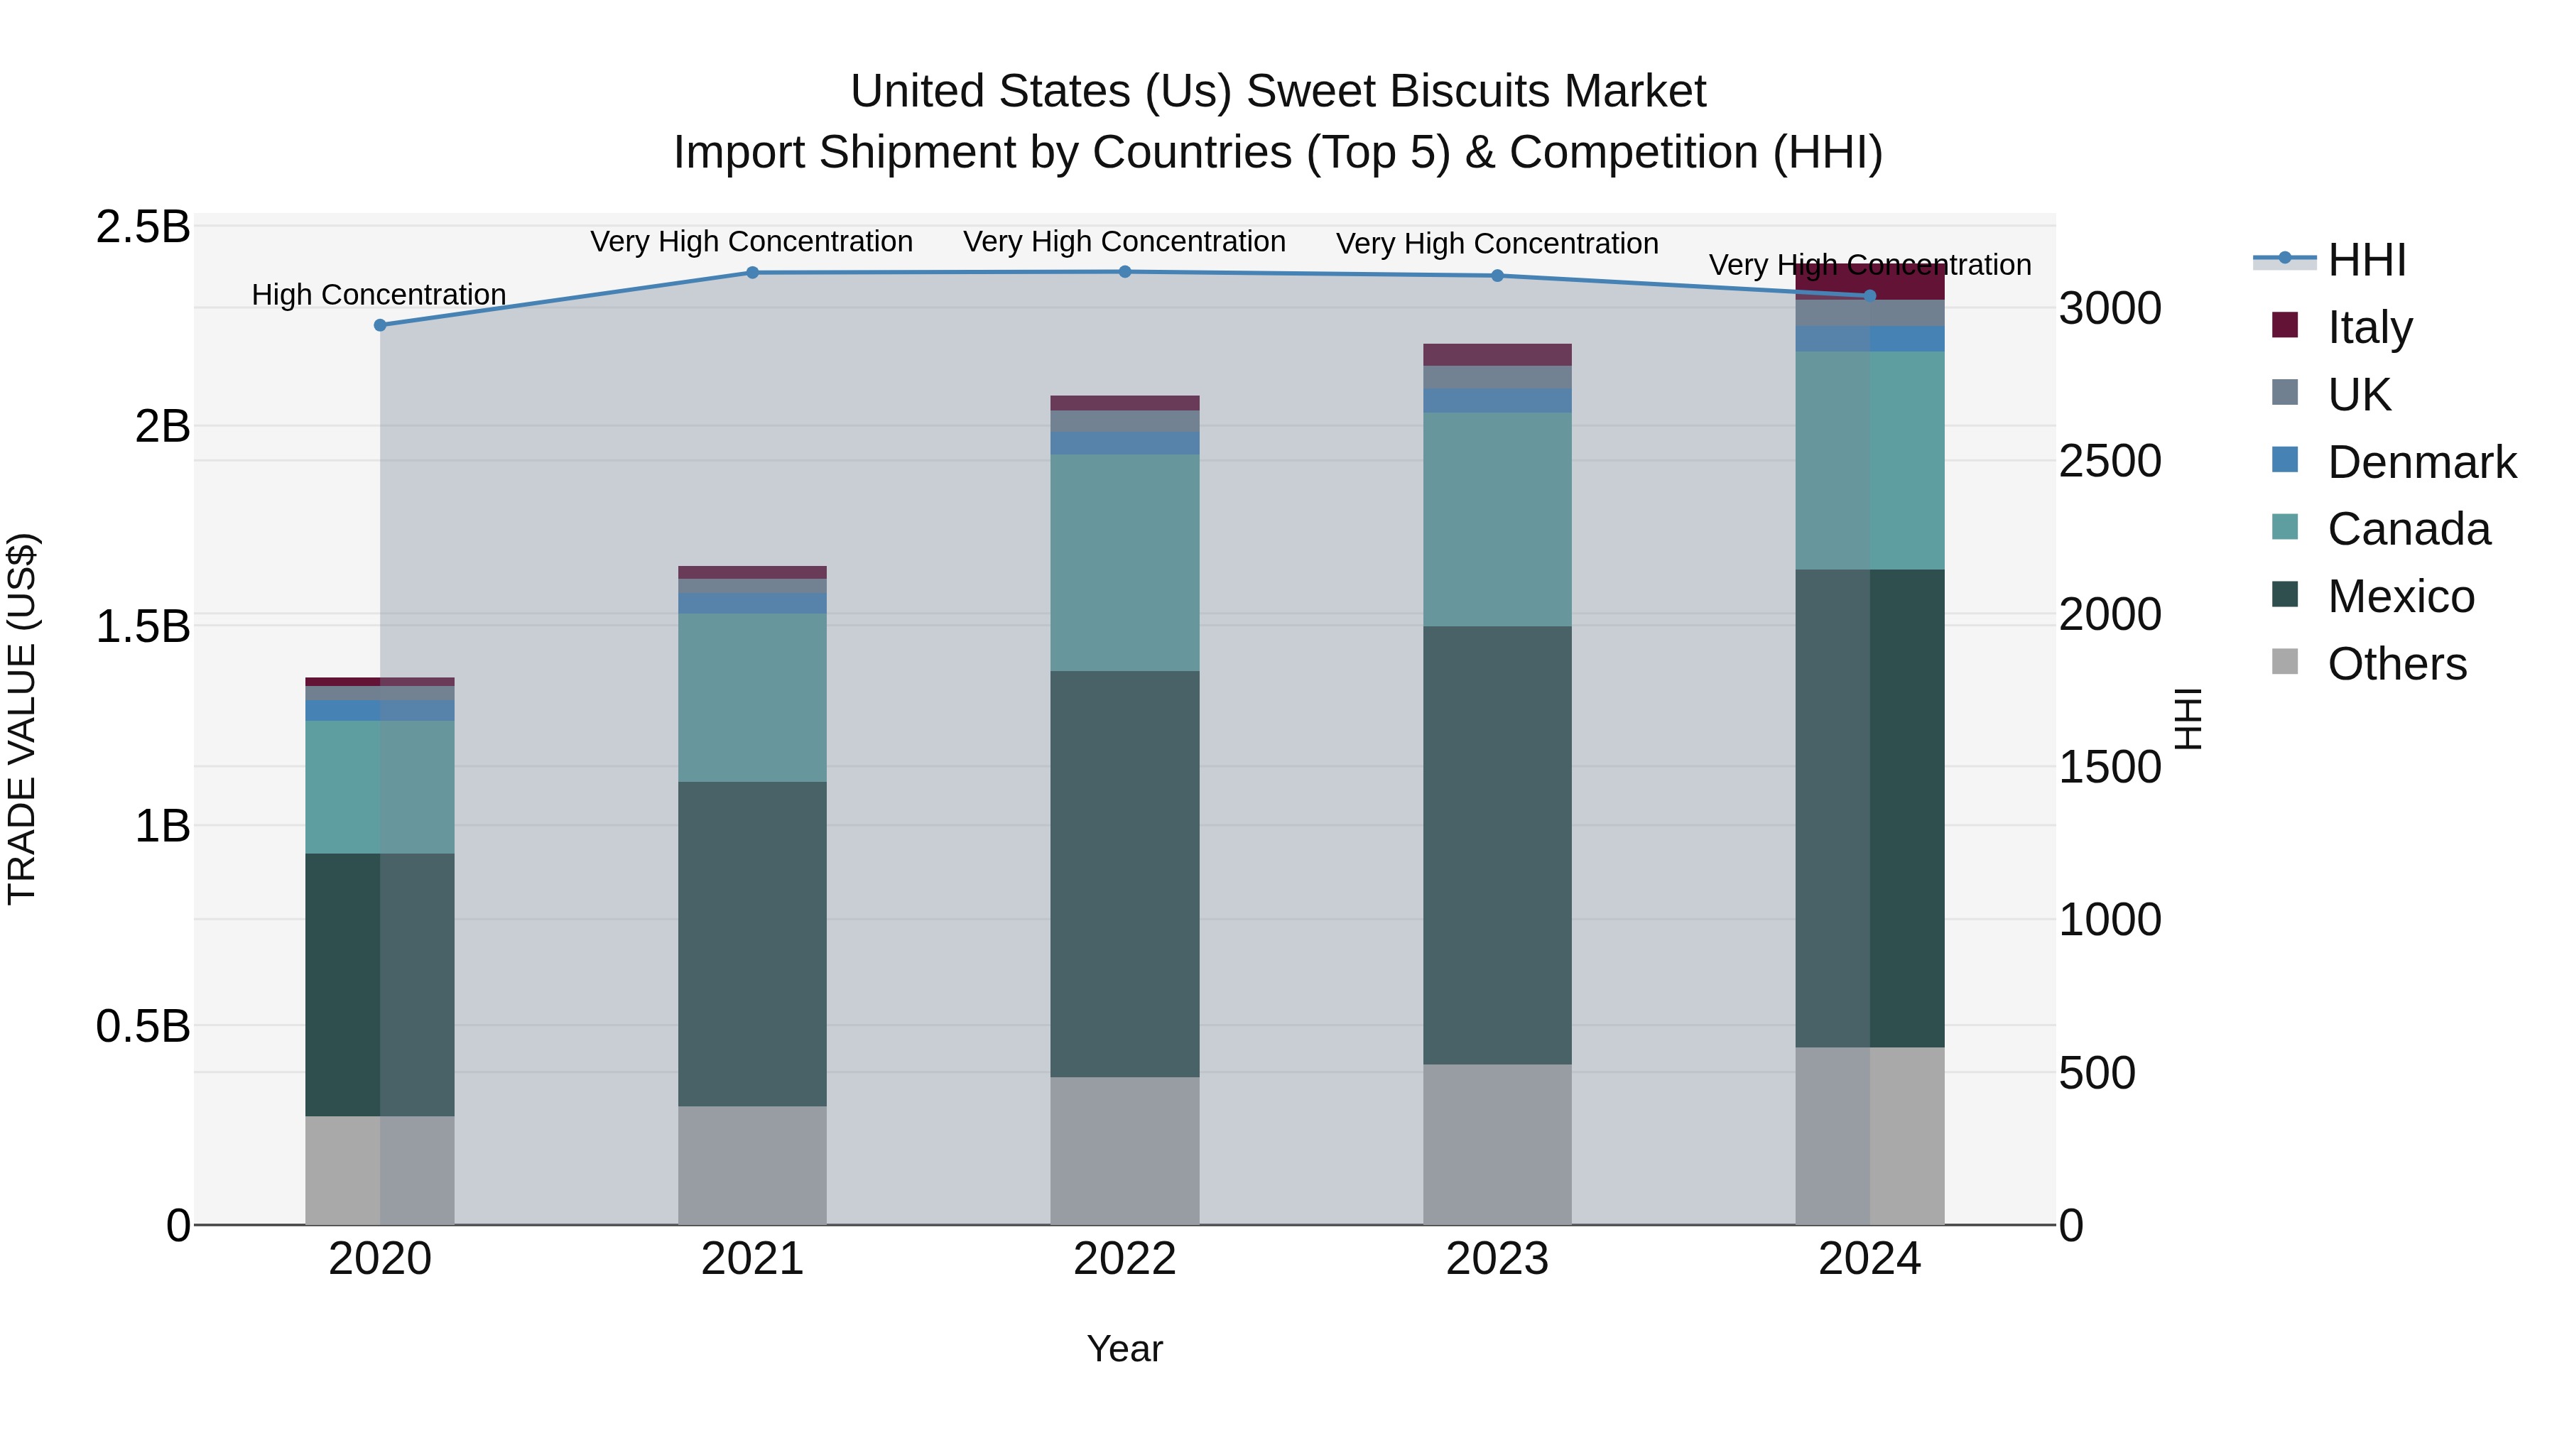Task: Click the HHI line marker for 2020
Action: point(379,325)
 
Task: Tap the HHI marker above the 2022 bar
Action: point(1124,272)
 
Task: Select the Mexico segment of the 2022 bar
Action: point(1124,873)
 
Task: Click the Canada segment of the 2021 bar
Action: point(752,697)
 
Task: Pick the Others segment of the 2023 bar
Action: point(1497,1143)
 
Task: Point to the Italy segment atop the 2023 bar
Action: point(1497,354)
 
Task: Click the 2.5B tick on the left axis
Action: point(143,227)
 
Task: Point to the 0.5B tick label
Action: point(143,1025)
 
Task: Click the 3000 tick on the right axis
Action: point(2110,309)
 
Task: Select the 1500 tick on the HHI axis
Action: point(2110,767)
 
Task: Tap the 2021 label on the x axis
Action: point(752,1258)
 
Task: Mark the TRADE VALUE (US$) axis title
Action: point(22,719)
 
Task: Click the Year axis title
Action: point(1124,1349)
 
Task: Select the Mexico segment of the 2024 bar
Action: point(1869,808)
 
